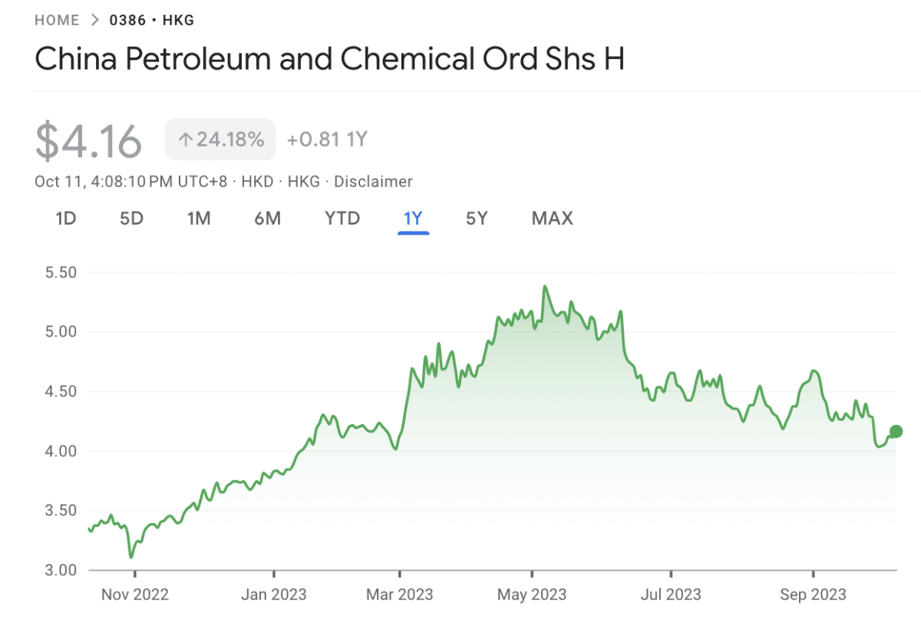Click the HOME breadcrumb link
coord(57,20)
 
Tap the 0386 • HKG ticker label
coord(152,20)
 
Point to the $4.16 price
coord(89,141)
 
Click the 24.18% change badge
coord(220,140)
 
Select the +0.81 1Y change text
coord(327,140)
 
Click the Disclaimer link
coord(373,182)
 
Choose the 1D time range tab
coord(66,219)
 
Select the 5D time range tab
coord(131,219)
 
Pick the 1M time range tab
coord(199,219)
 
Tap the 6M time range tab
coord(267,219)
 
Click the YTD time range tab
coord(342,219)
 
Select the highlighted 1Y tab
coord(413,219)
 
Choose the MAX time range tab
coord(552,219)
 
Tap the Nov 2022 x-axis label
coord(134,594)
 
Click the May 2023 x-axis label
coord(532,594)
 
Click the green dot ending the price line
coord(896,432)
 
